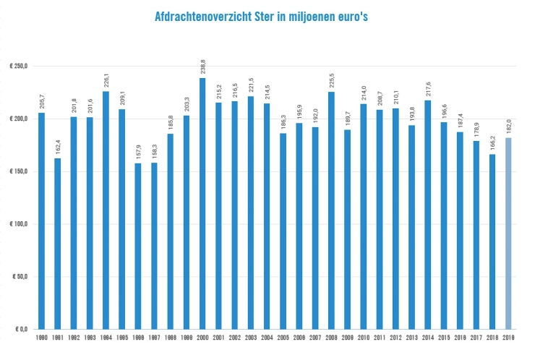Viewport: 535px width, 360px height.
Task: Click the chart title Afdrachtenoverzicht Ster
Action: point(268,15)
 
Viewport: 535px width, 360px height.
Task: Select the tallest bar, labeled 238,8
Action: point(202,203)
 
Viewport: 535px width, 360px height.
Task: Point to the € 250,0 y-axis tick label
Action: point(18,67)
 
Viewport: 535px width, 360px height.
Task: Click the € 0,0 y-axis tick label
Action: point(20,329)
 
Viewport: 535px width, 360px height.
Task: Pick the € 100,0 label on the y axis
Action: point(18,224)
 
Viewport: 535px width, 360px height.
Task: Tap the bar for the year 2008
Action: point(331,210)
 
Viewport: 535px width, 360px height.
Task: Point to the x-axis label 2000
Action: point(202,338)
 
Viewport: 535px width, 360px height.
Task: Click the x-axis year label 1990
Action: point(42,338)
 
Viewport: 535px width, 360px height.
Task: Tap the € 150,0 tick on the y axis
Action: point(18,171)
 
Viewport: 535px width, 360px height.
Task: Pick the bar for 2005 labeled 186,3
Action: point(283,231)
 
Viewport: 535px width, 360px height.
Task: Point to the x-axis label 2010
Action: point(363,338)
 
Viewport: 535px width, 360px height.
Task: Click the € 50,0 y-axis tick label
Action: point(20,277)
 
